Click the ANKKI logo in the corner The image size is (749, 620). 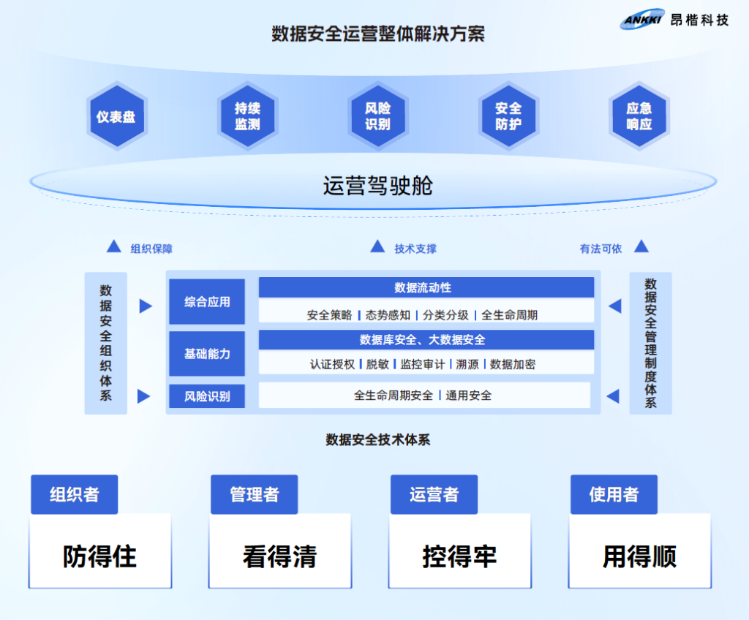[x=643, y=20]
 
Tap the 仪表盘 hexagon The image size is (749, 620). [x=116, y=117]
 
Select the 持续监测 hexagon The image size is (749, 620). [x=247, y=117]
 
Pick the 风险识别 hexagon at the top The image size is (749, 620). [x=377, y=117]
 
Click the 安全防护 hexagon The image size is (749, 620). [x=508, y=117]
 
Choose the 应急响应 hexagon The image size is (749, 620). [x=639, y=117]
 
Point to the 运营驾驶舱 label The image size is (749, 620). [x=377, y=186]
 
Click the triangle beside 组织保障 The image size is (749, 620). [x=114, y=246]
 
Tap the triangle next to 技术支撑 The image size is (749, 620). [x=377, y=246]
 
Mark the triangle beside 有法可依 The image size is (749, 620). [x=641, y=246]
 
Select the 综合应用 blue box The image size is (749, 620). [x=207, y=301]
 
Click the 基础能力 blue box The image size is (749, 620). [x=207, y=353]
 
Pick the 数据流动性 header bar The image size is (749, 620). [x=426, y=287]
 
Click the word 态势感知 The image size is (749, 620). [x=388, y=315]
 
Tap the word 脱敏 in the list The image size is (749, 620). [x=377, y=363]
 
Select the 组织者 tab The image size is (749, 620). [x=74, y=495]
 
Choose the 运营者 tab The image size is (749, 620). [x=434, y=495]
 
